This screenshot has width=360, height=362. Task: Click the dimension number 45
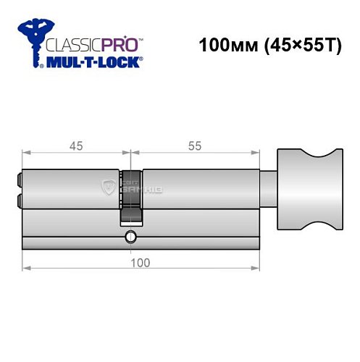[x=76, y=146]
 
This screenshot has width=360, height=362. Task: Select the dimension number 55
[x=195, y=146]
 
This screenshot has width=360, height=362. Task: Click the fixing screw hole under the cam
[x=130, y=236]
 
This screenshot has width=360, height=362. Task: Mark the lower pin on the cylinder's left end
[x=20, y=198]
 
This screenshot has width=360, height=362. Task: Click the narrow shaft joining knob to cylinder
[x=267, y=190]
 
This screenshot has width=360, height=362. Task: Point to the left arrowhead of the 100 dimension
[x=26, y=269]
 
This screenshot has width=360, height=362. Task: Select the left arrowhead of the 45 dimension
[x=26, y=153]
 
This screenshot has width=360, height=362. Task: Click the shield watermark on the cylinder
[x=109, y=190]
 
